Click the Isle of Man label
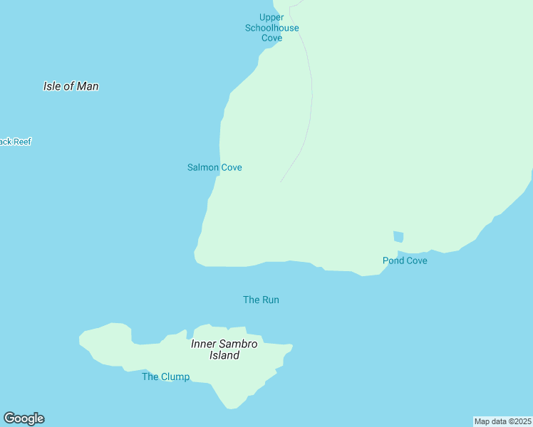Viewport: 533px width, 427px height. (x=71, y=86)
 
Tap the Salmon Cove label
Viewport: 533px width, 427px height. (x=214, y=167)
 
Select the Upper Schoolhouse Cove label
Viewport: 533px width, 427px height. (x=271, y=28)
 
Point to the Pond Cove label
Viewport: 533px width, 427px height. (x=405, y=260)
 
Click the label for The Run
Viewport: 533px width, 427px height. (x=261, y=300)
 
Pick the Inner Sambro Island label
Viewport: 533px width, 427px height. (x=224, y=349)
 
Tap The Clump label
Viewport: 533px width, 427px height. (x=165, y=376)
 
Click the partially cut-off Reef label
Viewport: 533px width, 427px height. (x=15, y=142)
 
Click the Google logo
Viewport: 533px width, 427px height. (x=24, y=418)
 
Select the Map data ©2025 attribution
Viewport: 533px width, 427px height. (x=502, y=421)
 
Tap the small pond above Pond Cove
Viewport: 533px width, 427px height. (x=398, y=236)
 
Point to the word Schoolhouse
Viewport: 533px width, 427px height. (x=271, y=28)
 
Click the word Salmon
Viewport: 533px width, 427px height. (x=204, y=167)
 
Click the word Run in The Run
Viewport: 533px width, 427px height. (x=270, y=300)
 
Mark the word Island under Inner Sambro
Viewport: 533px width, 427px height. (x=224, y=355)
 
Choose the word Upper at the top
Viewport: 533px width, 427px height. (x=271, y=18)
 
